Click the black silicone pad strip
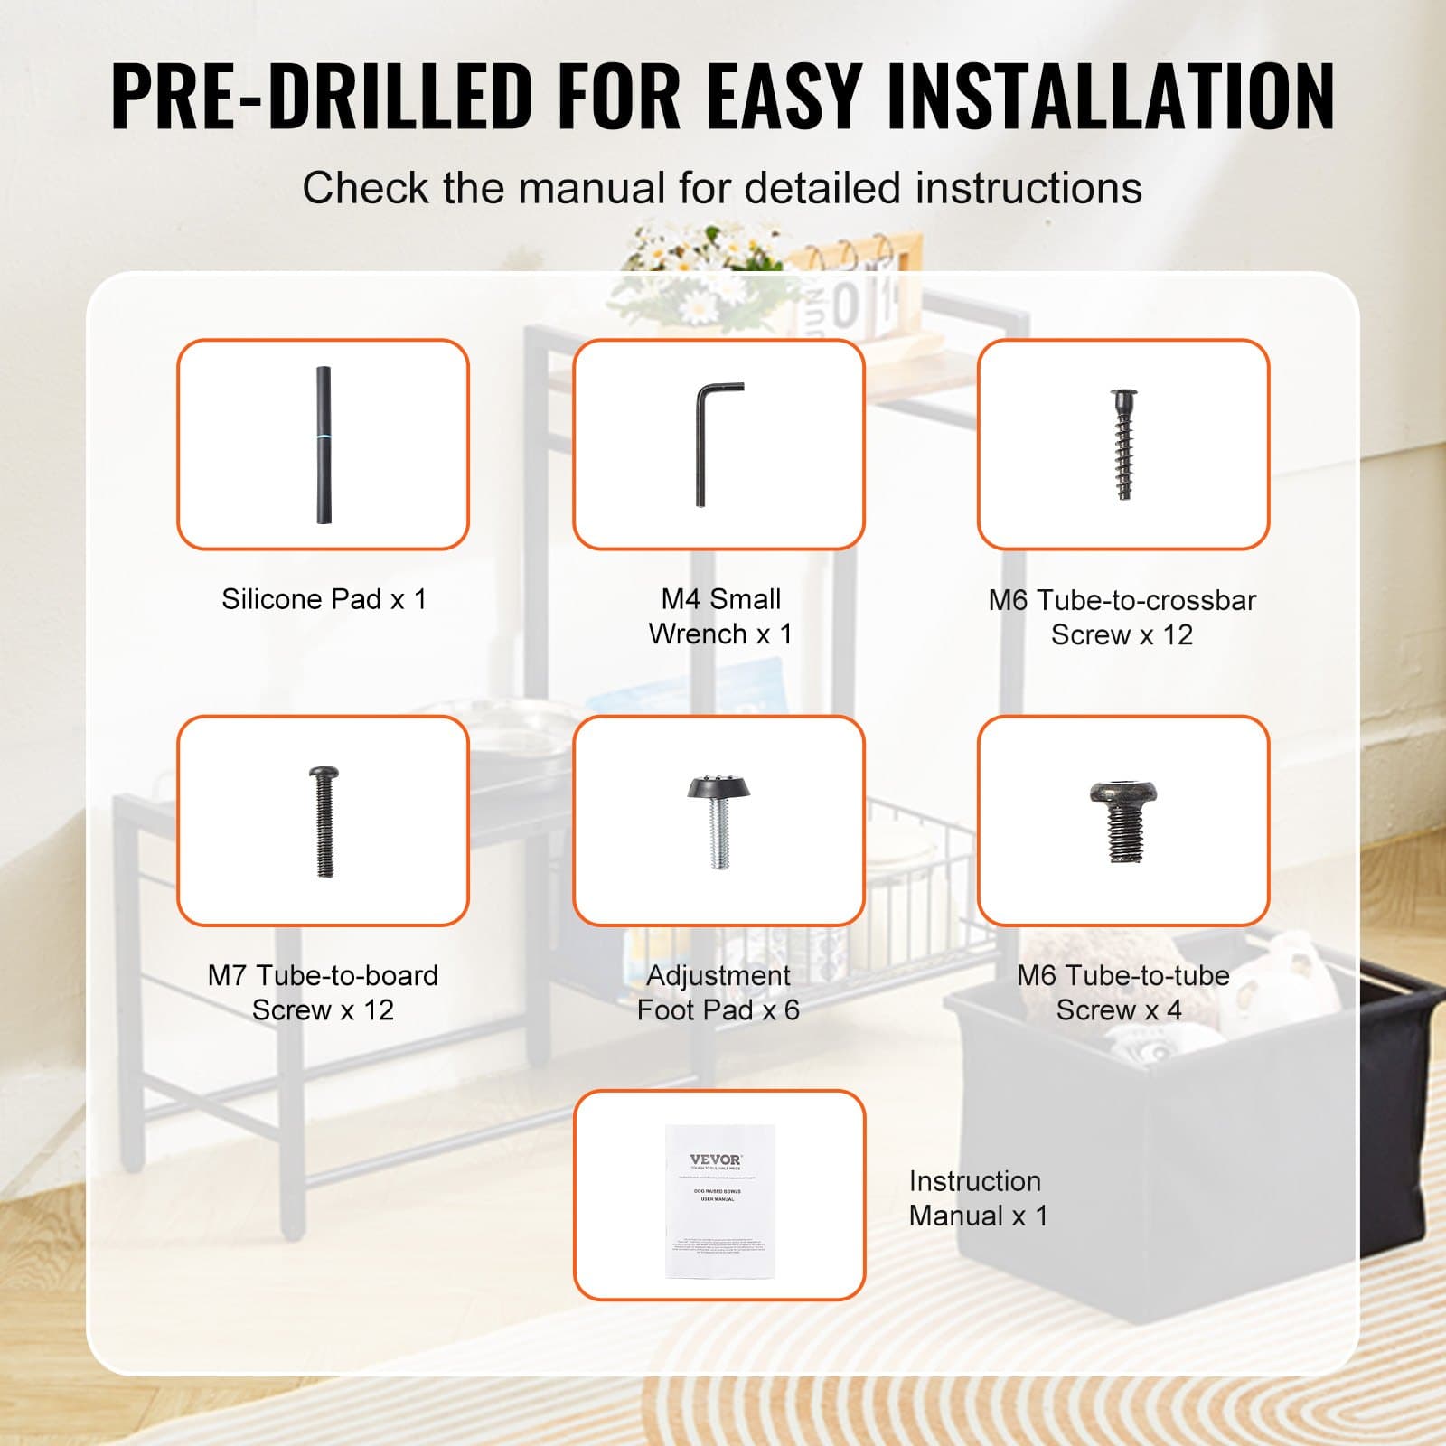323,445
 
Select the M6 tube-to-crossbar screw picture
1123,445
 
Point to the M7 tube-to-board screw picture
324,822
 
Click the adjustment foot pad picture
718,821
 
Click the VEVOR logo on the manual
716,1160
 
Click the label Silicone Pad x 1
324,599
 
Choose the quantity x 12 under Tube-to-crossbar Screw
1166,635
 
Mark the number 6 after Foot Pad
792,1010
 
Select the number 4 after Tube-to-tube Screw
1174,1010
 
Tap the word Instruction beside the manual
974,1181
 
